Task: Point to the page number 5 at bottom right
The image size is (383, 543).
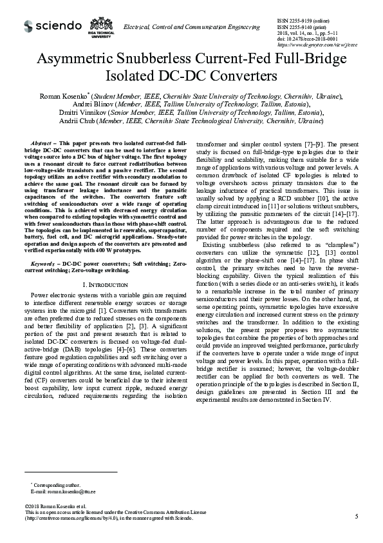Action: (x=355, y=516)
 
